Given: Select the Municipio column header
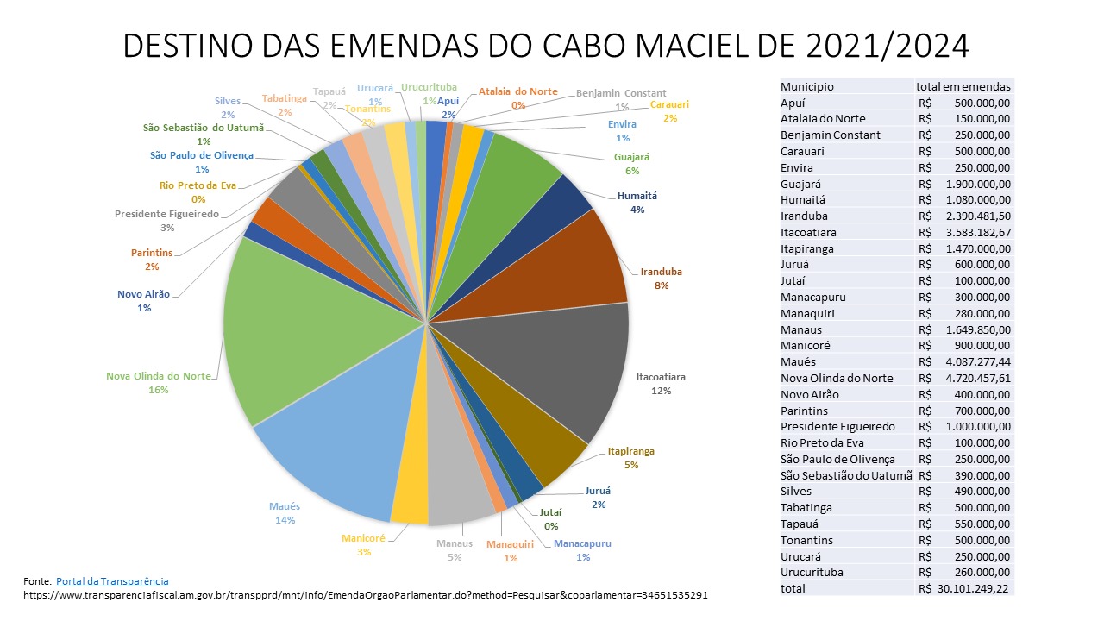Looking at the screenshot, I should [807, 86].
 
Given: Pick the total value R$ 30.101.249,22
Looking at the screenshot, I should [964, 588].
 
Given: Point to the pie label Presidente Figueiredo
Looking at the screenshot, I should [166, 214].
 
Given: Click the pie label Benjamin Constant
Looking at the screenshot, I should [621, 93].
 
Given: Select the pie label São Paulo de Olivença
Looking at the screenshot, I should [202, 155].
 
